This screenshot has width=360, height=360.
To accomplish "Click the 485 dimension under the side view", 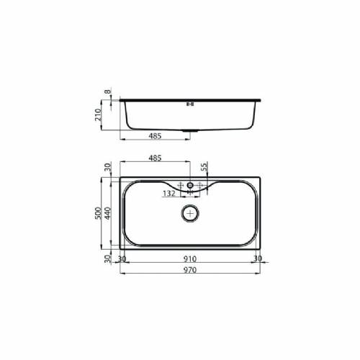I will tap(154, 135).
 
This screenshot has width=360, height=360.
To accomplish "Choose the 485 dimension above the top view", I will tap(154, 157).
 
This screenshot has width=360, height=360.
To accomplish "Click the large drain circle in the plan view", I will tap(190, 213).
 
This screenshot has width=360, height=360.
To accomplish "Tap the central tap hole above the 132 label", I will tap(190, 185).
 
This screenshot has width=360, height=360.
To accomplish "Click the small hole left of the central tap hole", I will tap(181, 185).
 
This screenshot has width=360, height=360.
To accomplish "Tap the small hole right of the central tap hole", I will tap(199, 185).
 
